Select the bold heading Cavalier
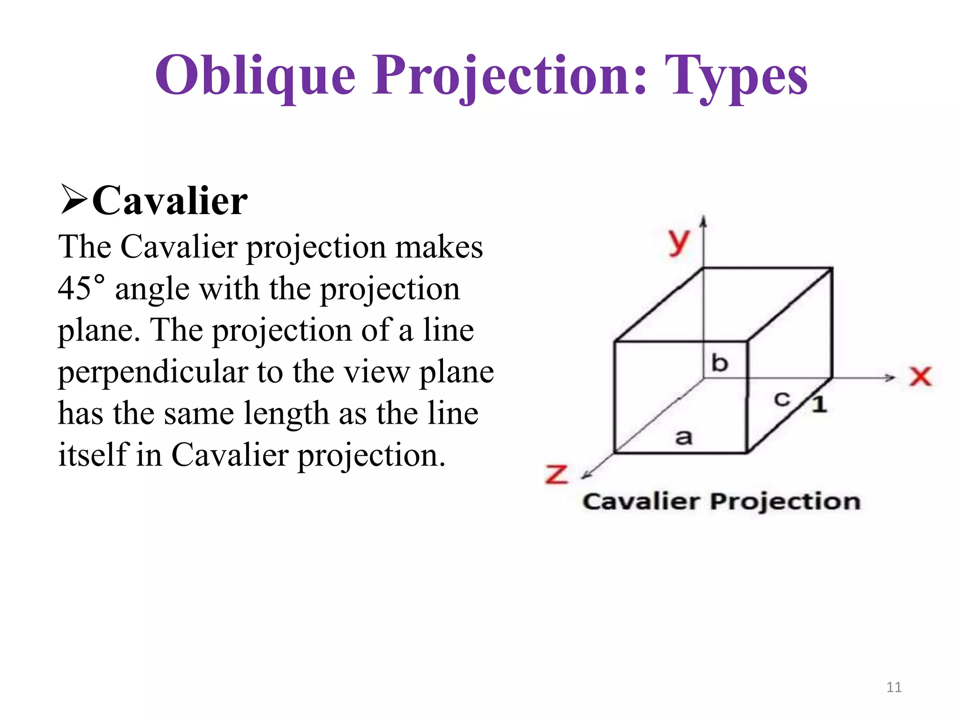(x=170, y=201)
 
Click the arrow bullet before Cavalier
(x=74, y=200)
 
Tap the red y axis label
(x=678, y=242)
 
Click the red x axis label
(x=920, y=376)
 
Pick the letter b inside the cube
(x=720, y=363)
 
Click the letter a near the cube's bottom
(x=683, y=437)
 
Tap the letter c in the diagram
(x=781, y=399)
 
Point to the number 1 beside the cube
(x=819, y=404)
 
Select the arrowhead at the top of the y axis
(x=703, y=221)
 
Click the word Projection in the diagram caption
(x=785, y=502)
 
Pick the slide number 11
(x=894, y=687)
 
